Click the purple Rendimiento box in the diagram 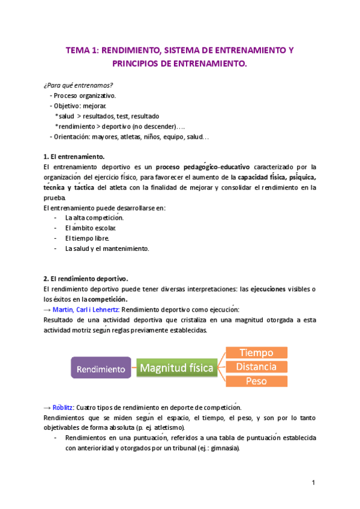point(101,368)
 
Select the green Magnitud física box point(177,368)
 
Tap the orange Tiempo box point(256,353)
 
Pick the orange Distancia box point(256,367)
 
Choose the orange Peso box point(256,381)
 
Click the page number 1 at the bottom point(314,483)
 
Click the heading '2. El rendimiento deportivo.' point(86,279)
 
